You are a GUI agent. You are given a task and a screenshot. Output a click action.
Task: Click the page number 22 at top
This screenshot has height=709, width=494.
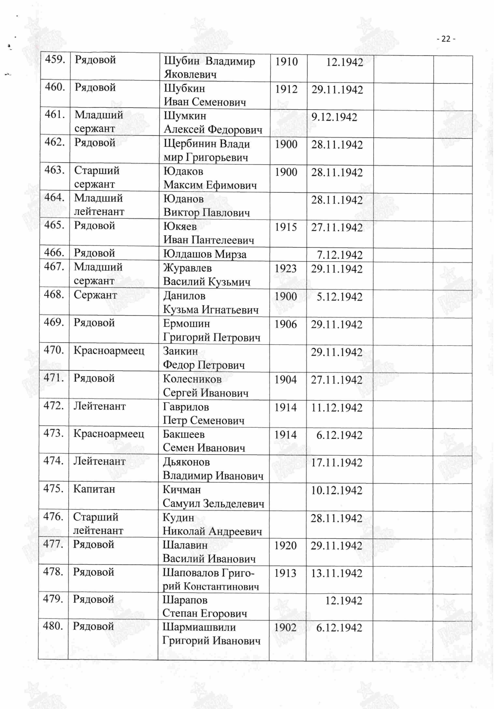click(446, 39)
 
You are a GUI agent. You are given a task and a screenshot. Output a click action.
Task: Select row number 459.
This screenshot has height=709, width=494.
click(55, 59)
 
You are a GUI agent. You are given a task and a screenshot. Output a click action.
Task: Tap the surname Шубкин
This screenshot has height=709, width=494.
click(184, 89)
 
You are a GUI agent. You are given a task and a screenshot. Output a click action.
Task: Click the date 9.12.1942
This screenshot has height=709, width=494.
click(334, 117)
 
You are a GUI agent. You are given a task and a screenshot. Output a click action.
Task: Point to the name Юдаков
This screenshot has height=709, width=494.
click(183, 171)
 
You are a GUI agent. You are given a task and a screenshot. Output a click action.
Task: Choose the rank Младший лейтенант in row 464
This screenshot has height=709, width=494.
click(99, 205)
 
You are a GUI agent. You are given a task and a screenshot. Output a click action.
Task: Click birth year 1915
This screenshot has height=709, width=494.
click(286, 227)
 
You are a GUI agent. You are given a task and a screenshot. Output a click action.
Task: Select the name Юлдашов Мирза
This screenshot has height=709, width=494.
click(205, 254)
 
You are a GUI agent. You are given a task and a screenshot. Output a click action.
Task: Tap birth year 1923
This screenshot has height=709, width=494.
click(285, 269)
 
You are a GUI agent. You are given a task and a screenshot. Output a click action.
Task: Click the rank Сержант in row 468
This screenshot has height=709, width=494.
click(95, 295)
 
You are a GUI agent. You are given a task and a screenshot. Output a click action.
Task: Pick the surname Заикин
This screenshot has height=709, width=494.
click(180, 351)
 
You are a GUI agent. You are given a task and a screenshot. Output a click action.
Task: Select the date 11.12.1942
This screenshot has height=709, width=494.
click(336, 408)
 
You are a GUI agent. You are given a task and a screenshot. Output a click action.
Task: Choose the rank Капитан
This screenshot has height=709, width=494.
click(94, 489)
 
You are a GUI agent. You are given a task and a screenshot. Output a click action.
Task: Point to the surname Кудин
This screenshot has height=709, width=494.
click(178, 518)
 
